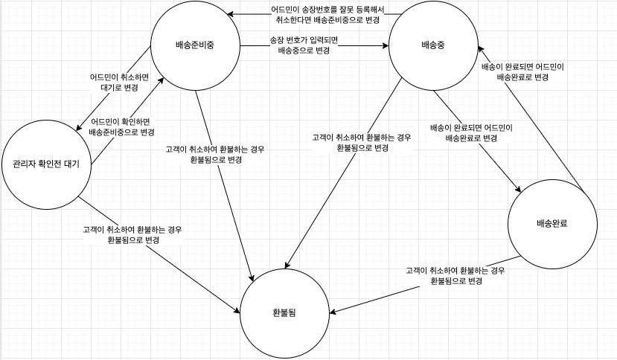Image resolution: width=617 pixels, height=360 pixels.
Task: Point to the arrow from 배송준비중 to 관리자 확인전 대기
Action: click(x=119, y=89)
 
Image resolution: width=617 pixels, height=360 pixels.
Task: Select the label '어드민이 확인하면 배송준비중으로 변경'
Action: click(x=121, y=126)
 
